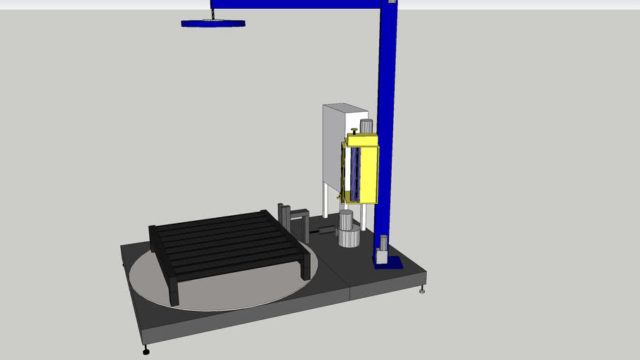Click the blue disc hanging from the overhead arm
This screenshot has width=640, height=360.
[213, 23]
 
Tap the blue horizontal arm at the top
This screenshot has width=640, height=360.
[295, 4]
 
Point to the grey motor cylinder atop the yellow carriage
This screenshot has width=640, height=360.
[366, 127]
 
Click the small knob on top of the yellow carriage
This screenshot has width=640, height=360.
[354, 130]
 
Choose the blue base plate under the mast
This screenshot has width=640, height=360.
[391, 264]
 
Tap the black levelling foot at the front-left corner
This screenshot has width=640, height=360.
[146, 349]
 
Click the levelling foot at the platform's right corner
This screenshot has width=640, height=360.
[422, 288]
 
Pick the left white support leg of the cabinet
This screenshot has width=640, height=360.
[324, 200]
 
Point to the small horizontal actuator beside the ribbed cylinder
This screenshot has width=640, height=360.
[326, 231]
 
